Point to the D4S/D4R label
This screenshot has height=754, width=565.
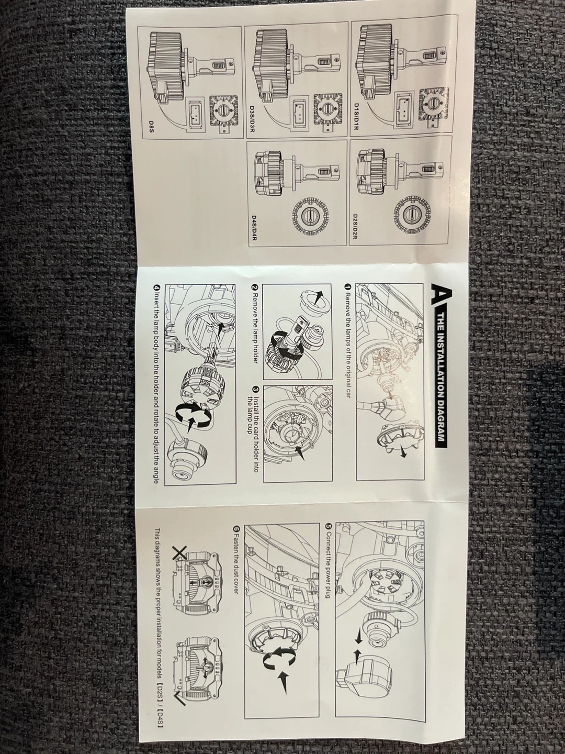[x=255, y=229]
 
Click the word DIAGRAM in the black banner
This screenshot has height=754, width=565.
[x=440, y=421]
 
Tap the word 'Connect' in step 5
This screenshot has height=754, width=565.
[x=327, y=540]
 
